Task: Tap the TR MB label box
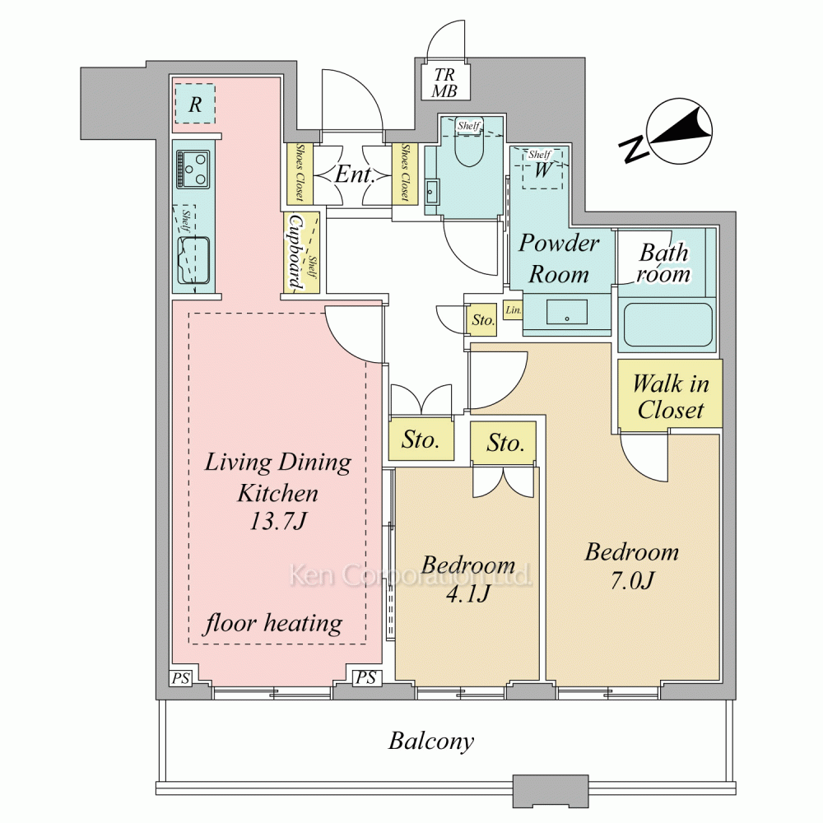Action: [x=444, y=82]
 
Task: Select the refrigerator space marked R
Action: [x=195, y=105]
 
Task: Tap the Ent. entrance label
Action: [x=355, y=175]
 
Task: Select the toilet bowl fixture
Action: [x=468, y=152]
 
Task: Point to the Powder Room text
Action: [x=559, y=258]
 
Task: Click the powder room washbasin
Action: [x=567, y=313]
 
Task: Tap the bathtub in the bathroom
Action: [x=667, y=326]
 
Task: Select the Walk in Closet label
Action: [x=671, y=396]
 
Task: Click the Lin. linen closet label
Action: [x=513, y=311]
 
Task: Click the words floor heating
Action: [x=273, y=622]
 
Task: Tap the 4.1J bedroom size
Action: [x=467, y=592]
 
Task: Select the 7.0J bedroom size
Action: [x=631, y=579]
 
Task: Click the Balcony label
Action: [x=431, y=742]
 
